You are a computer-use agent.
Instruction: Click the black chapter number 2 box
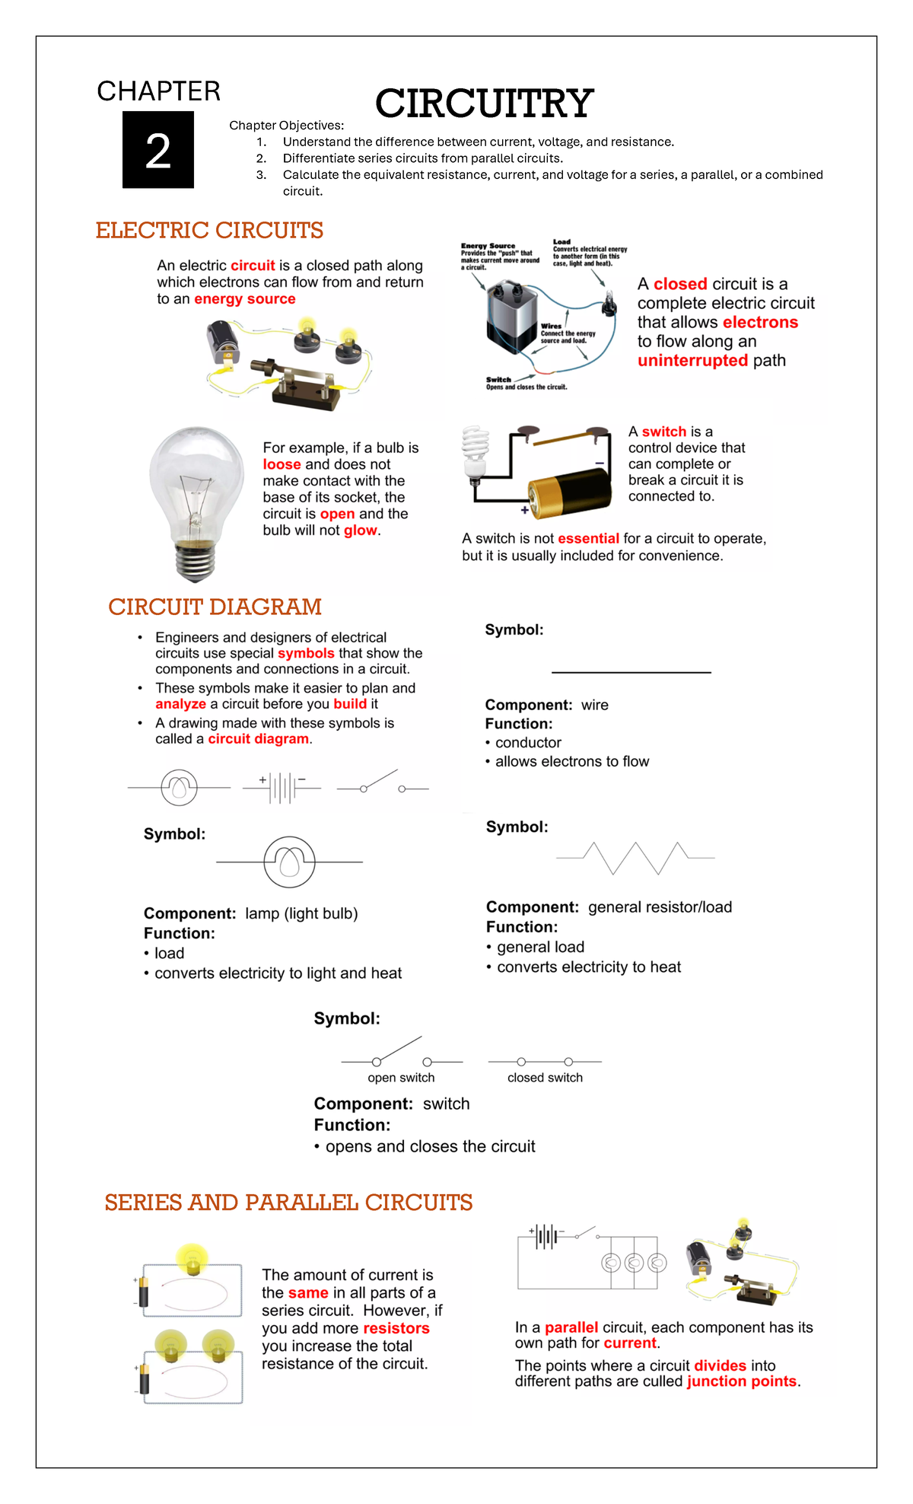(x=158, y=150)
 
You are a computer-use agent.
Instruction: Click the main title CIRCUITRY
(x=484, y=104)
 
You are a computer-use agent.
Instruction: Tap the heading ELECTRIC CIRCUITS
(x=209, y=230)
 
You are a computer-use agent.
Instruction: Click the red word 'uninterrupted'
(x=692, y=361)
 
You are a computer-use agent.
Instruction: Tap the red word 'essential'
(x=588, y=539)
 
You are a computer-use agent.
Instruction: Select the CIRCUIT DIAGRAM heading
(x=215, y=607)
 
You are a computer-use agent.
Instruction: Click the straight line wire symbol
(x=631, y=672)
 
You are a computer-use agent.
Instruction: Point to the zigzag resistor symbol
(x=635, y=858)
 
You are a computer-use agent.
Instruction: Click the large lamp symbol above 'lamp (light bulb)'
(x=289, y=862)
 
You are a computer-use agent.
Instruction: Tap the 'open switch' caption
(x=401, y=1078)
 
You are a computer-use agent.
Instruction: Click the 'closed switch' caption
(x=545, y=1078)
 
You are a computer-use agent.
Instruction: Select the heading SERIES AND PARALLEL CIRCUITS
(x=288, y=1203)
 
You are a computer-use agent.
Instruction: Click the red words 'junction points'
(x=742, y=1381)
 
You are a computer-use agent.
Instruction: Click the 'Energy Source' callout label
(x=488, y=246)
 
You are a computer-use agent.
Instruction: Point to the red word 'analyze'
(x=180, y=704)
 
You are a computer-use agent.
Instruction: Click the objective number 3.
(x=261, y=175)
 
